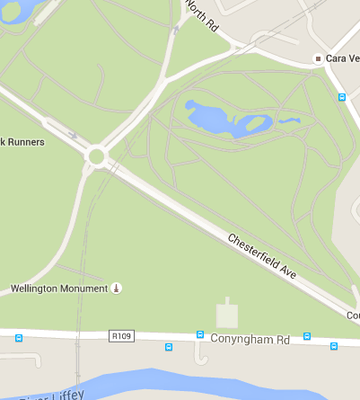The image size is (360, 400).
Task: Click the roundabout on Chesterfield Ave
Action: click(96, 157)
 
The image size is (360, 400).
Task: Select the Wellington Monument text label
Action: click(58, 289)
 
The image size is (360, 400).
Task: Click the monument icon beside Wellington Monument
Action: click(116, 288)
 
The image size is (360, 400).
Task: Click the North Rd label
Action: click(202, 15)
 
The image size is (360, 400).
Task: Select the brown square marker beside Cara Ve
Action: click(317, 58)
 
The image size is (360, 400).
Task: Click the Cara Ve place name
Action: click(342, 58)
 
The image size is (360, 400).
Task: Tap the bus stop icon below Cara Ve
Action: click(341, 97)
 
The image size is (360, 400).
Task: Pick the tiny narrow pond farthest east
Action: click(288, 120)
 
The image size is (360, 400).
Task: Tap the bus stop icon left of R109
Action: click(19, 338)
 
